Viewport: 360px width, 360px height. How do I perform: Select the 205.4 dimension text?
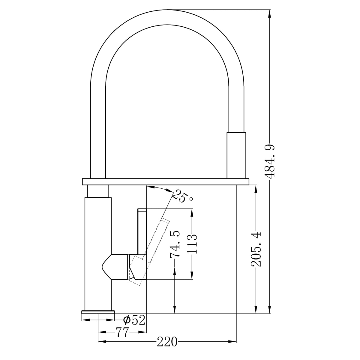click(x=256, y=249)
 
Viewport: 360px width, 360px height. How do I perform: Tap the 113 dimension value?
click(x=192, y=244)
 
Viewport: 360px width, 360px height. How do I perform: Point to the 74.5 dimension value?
click(x=175, y=244)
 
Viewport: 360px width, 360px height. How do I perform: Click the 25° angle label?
click(x=184, y=196)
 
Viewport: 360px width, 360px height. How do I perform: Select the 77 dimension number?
click(x=121, y=332)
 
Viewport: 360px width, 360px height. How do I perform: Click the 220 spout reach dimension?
click(x=167, y=342)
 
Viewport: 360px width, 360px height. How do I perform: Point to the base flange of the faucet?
click(x=98, y=312)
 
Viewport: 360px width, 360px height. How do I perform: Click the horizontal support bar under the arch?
click(x=165, y=182)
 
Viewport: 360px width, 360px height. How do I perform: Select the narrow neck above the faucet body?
click(x=98, y=191)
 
